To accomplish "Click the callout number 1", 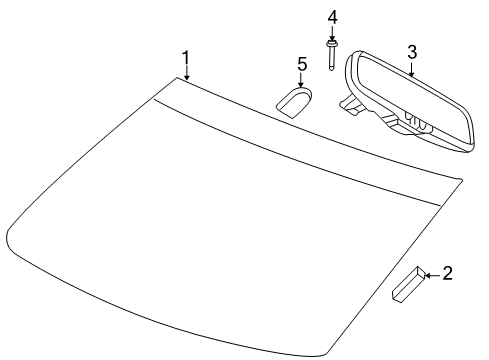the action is (186, 58).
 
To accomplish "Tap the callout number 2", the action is (447, 273).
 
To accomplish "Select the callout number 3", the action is (412, 52).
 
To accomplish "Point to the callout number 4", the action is (332, 17).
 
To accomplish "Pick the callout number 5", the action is (302, 64).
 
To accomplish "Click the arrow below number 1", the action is (187, 73).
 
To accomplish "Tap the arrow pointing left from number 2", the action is (433, 275).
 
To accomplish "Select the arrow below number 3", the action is (412, 69).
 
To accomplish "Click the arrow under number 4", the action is (332, 33).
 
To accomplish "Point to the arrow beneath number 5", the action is (301, 80).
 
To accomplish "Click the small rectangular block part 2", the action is (408, 284).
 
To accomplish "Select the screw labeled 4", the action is (331, 55).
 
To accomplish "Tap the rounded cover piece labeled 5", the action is (294, 102).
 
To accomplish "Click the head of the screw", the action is (331, 44).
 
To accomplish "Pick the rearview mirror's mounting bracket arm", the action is (351, 104).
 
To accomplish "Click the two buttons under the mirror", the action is (417, 120).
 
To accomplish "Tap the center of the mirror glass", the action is (412, 99).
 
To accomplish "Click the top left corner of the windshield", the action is (177, 77).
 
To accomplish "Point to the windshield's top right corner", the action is (462, 180).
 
